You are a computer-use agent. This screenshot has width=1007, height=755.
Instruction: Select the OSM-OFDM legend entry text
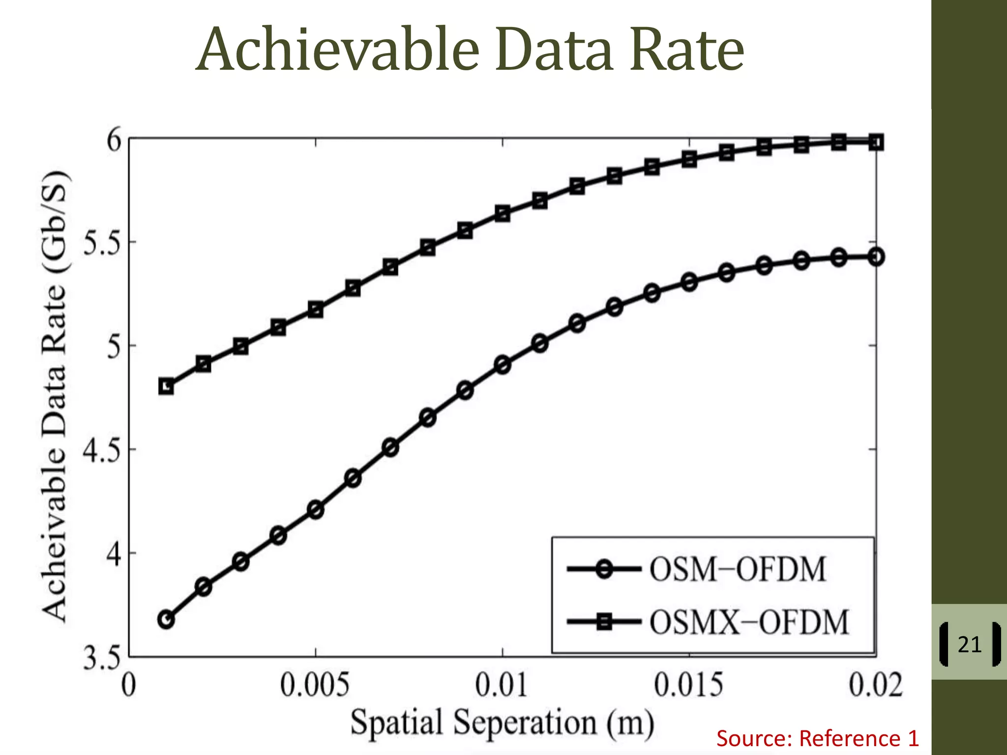point(738,570)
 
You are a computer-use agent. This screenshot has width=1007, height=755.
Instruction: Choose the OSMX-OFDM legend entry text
point(749,622)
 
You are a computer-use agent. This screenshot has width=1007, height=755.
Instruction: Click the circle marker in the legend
point(605,570)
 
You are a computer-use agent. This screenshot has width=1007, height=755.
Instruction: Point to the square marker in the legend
point(604,622)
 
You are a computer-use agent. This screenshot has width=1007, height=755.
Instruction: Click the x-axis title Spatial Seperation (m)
point(502,723)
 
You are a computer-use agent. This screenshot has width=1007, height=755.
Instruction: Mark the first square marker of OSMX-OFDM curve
point(166,387)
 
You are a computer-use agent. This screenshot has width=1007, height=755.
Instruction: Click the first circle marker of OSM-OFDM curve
point(166,620)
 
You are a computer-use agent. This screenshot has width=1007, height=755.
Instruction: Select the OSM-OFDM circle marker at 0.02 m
point(876,257)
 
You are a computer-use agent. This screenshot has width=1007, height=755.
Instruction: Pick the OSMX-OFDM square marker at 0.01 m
point(503,213)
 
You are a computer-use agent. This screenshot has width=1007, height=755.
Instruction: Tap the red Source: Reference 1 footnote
point(817,739)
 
